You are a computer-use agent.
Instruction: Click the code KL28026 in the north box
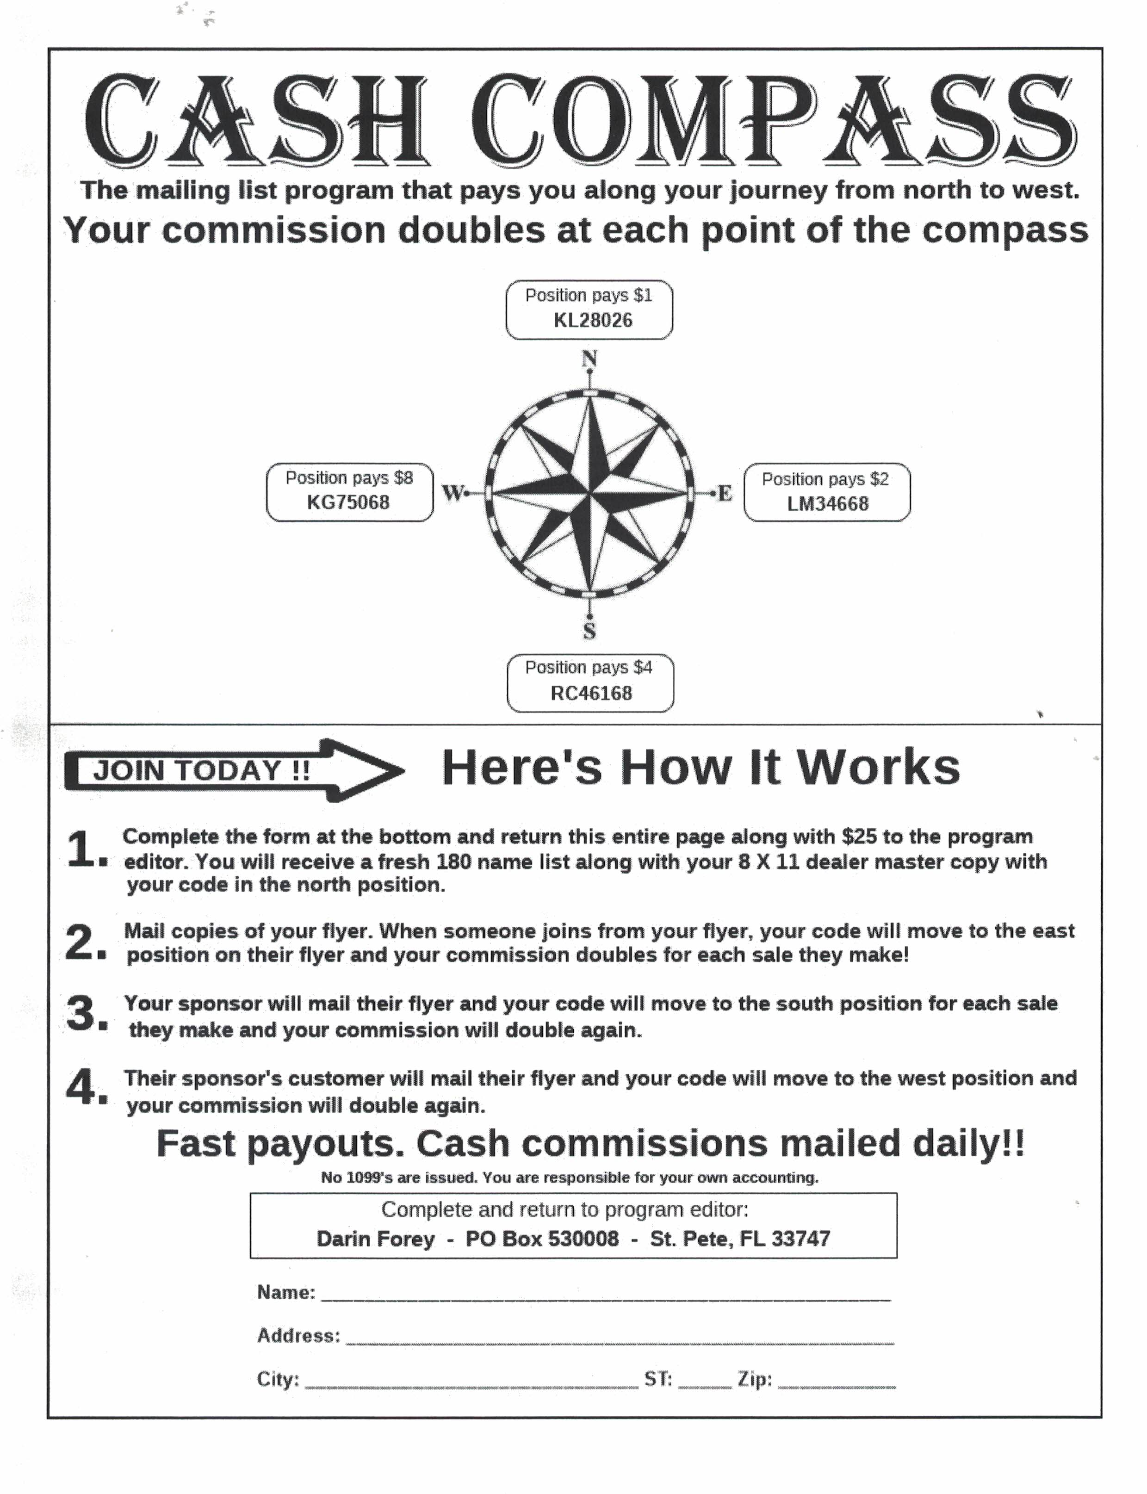click(593, 320)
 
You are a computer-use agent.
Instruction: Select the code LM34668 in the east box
click(827, 504)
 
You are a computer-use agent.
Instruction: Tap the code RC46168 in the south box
click(591, 693)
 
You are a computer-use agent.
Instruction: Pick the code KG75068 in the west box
click(348, 502)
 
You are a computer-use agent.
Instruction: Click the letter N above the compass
click(589, 359)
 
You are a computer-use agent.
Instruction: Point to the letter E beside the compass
click(725, 493)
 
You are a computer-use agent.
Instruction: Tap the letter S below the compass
click(589, 632)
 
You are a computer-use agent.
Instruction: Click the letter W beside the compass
click(453, 492)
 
